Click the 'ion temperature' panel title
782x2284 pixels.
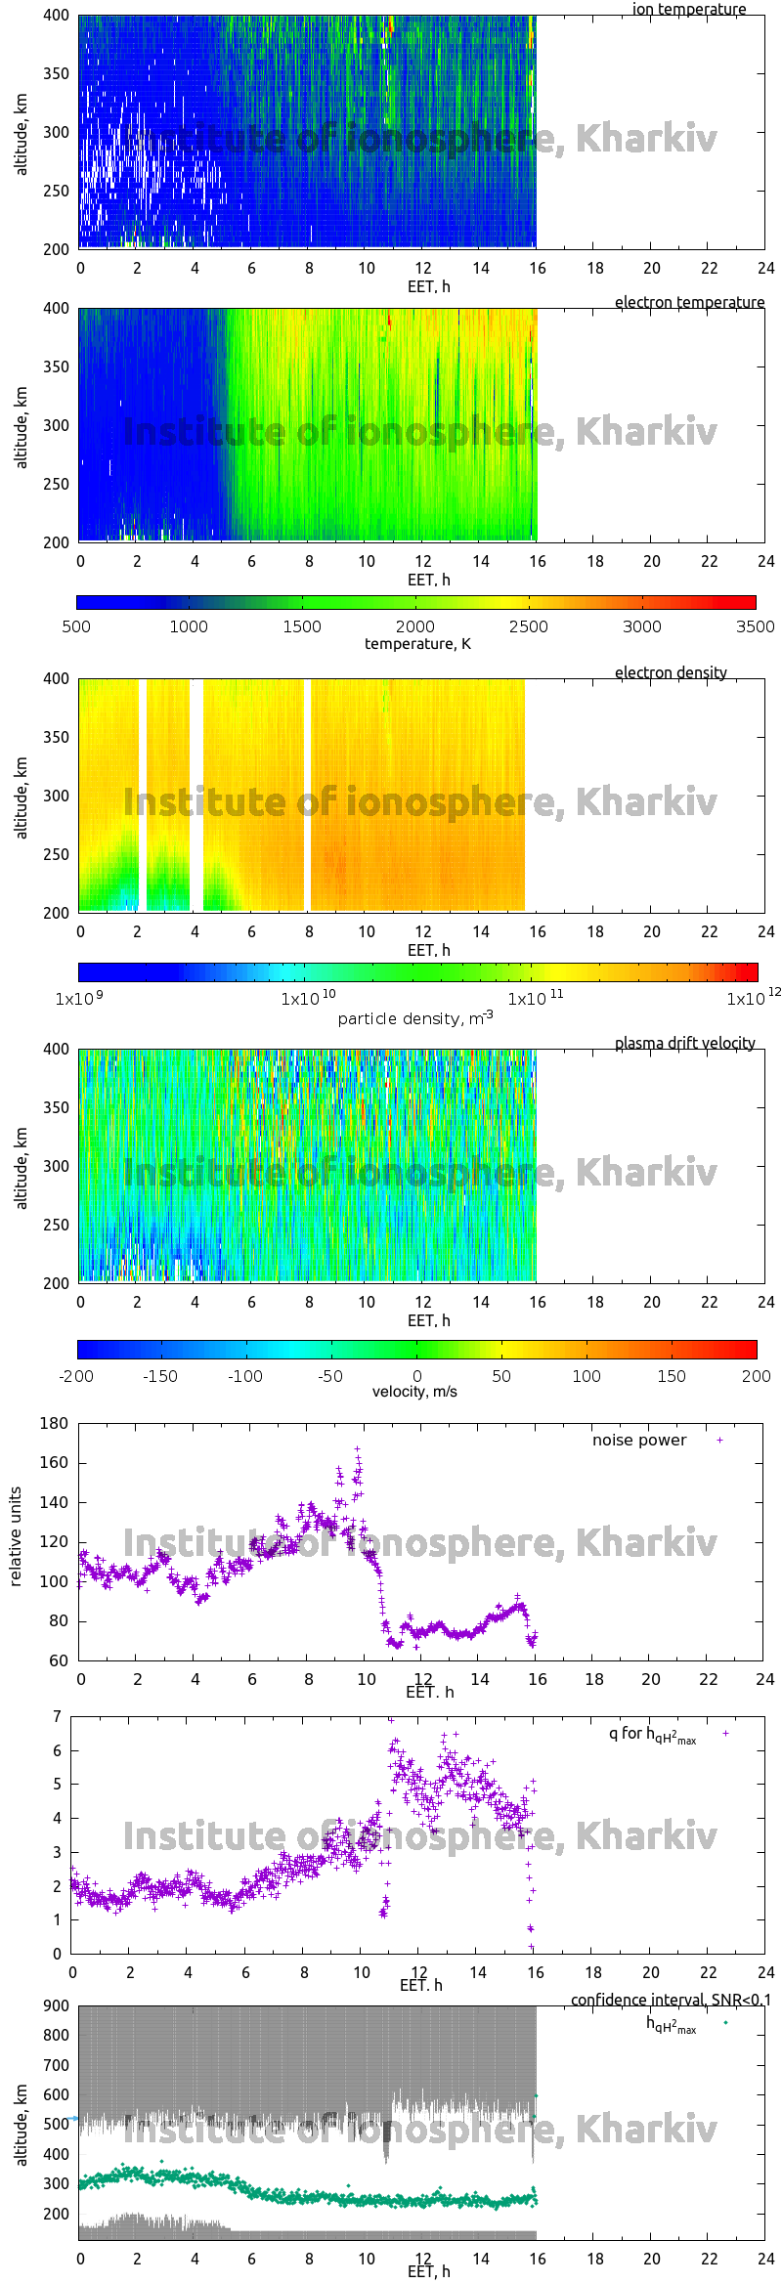pyautogui.click(x=688, y=9)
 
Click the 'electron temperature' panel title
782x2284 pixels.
pyautogui.click(x=689, y=302)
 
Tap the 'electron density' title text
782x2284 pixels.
pyautogui.click(x=671, y=672)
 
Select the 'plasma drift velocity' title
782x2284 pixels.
pyautogui.click(x=684, y=1043)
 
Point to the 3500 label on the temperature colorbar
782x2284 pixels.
pyautogui.click(x=755, y=626)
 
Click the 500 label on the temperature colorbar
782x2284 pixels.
pyautogui.click(x=76, y=626)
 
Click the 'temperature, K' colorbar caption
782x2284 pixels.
pyautogui.click(x=417, y=643)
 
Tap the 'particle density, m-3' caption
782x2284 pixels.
pyautogui.click(x=415, y=1018)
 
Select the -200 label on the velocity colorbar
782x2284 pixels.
pyautogui.click(x=76, y=1375)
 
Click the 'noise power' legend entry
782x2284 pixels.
pyautogui.click(x=639, y=1440)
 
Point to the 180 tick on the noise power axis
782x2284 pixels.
pyautogui.click(x=54, y=1423)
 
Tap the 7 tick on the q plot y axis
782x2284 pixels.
pyautogui.click(x=58, y=1716)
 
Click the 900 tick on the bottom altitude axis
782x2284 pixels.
pyautogui.click(x=57, y=2005)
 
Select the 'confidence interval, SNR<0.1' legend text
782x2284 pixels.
pyautogui.click(x=671, y=2000)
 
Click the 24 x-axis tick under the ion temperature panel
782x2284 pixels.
pyautogui.click(x=765, y=268)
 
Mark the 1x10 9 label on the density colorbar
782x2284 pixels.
pyautogui.click(x=79, y=999)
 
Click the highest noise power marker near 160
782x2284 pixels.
pyautogui.click(x=357, y=1449)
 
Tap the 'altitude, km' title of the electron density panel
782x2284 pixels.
pyautogui.click(x=22, y=796)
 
